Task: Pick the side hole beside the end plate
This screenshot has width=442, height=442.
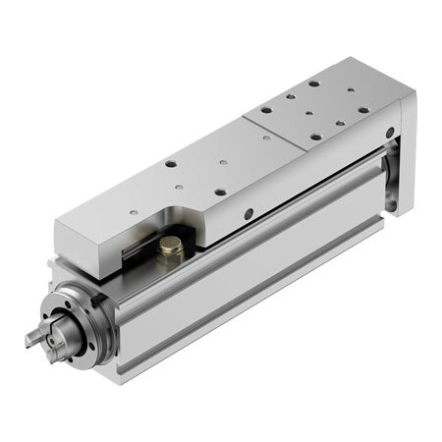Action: pos(390,132)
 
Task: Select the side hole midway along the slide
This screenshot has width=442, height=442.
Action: pos(249,213)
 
